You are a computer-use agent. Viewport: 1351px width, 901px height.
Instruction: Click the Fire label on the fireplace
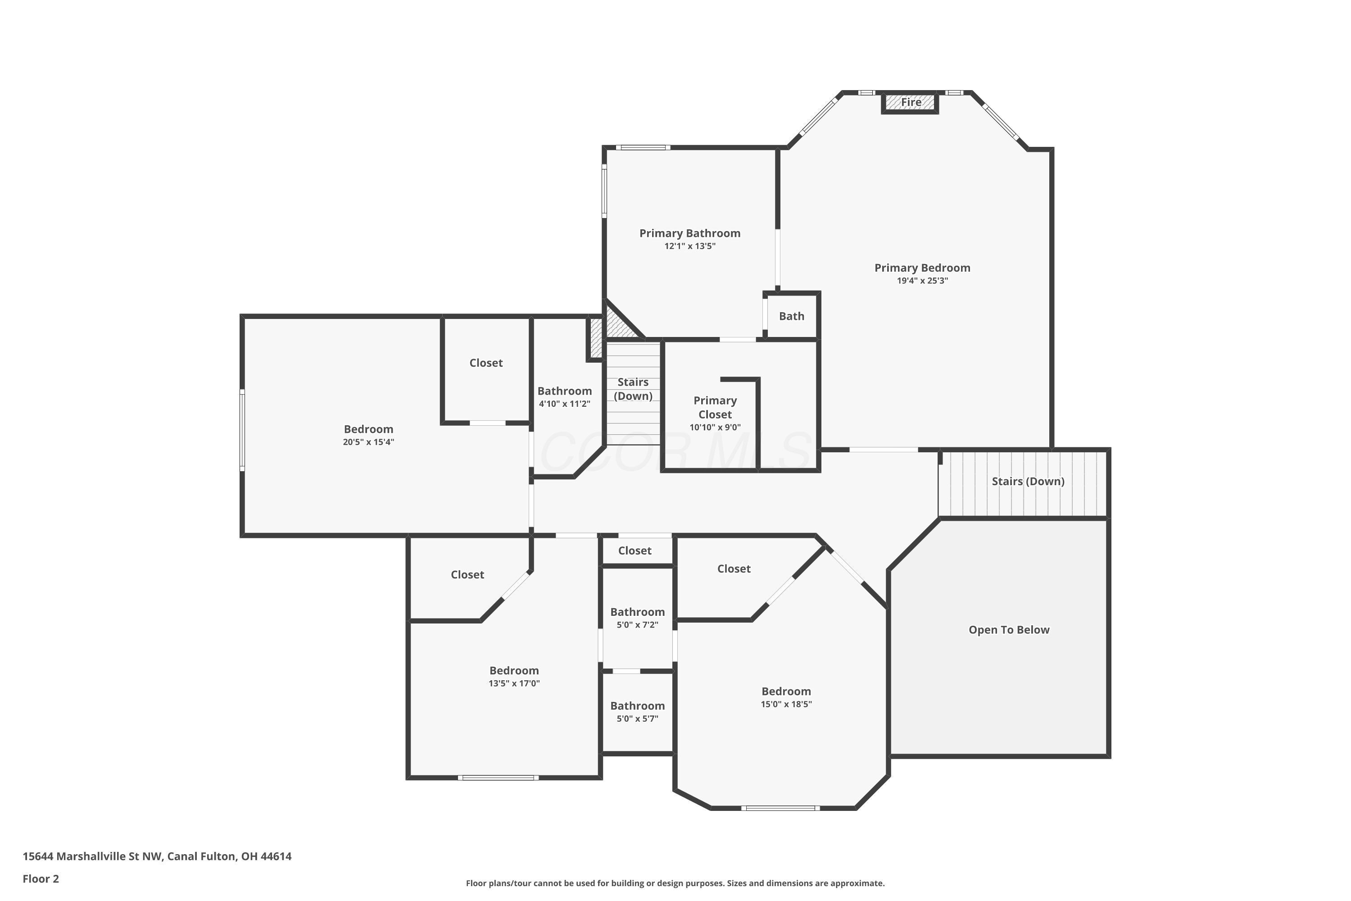(x=911, y=102)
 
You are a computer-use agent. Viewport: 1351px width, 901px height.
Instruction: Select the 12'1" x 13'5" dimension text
(x=690, y=246)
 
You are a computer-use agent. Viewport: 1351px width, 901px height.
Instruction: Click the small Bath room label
(x=792, y=316)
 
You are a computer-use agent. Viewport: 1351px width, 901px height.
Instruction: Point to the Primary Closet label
(x=715, y=407)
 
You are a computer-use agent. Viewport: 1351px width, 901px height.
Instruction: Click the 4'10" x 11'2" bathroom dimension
(x=565, y=404)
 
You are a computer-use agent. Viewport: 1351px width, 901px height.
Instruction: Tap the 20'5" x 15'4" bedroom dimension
(x=369, y=442)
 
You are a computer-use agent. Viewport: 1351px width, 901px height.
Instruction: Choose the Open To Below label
(x=1009, y=630)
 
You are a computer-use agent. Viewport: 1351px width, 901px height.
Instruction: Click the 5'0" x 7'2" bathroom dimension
(x=638, y=625)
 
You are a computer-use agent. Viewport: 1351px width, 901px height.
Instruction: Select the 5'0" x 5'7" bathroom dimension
(x=638, y=719)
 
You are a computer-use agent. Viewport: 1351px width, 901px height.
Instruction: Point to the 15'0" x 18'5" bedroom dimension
(x=786, y=705)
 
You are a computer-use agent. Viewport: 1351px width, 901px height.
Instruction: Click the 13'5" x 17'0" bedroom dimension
(x=514, y=684)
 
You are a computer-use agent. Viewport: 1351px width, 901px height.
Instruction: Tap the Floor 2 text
(x=41, y=878)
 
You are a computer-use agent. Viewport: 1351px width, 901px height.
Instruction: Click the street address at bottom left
(x=157, y=856)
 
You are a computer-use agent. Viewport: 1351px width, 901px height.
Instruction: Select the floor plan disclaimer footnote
(x=675, y=883)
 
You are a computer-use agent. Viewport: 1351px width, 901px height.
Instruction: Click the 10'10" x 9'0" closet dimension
(x=715, y=428)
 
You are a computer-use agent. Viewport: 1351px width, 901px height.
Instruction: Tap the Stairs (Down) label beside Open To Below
(x=1028, y=482)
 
